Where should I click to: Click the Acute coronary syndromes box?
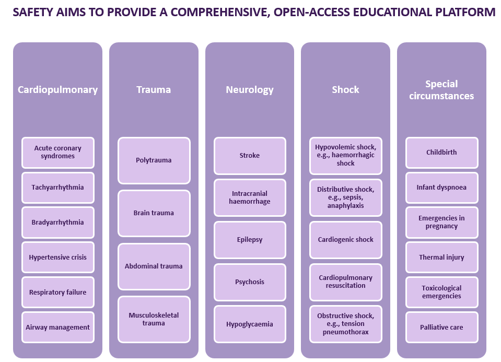click(x=58, y=153)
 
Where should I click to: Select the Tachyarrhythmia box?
click(x=58, y=188)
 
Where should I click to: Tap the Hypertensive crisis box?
click(x=58, y=258)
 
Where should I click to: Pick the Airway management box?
click(x=58, y=328)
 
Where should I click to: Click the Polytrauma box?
click(x=154, y=160)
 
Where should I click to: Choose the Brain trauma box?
click(x=154, y=213)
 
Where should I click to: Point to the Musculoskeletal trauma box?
click(x=154, y=319)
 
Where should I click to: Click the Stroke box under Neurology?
click(x=250, y=156)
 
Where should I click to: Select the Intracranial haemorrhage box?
click(x=250, y=198)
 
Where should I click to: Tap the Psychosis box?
click(x=250, y=282)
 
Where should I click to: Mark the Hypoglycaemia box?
click(x=250, y=324)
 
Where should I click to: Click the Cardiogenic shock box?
click(x=346, y=240)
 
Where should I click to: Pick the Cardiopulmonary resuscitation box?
click(x=346, y=282)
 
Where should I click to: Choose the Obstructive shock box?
click(x=346, y=324)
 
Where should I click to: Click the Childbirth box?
click(x=441, y=153)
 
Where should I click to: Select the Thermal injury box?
click(x=441, y=258)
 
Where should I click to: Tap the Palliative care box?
click(x=441, y=328)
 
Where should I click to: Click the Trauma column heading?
click(x=154, y=90)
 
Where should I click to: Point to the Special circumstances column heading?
click(x=441, y=90)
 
